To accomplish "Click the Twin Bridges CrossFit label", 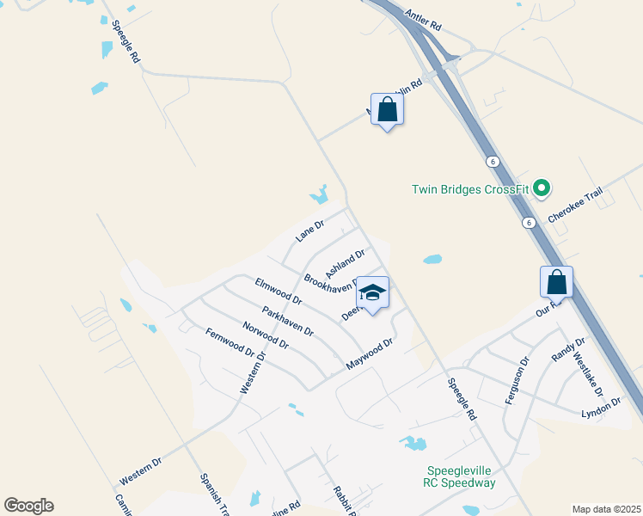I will coord(468,189).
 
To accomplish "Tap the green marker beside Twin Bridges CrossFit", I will coord(542,187).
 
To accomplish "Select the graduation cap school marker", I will coord(372,293).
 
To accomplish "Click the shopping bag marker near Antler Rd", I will coord(388,110).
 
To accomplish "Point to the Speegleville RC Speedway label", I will coord(462,476).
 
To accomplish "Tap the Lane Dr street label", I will coord(309,230).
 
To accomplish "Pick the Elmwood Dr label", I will coord(279,291).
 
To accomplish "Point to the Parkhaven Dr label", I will coord(288,321).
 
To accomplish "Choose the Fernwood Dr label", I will coord(230,341).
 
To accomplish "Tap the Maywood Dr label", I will coord(370,354).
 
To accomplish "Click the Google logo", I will coord(28,506).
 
